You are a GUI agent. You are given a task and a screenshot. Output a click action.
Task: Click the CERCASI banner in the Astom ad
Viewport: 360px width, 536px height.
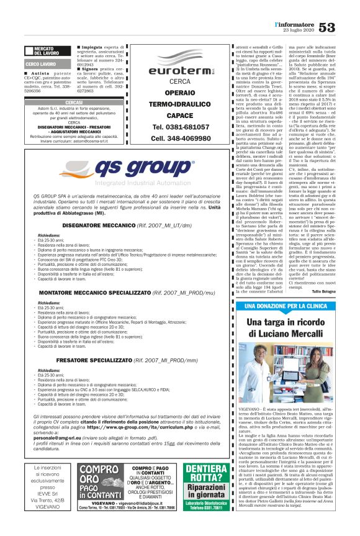(x=74, y=102)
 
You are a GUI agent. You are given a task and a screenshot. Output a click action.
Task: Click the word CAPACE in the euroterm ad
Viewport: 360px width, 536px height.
(x=180, y=116)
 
